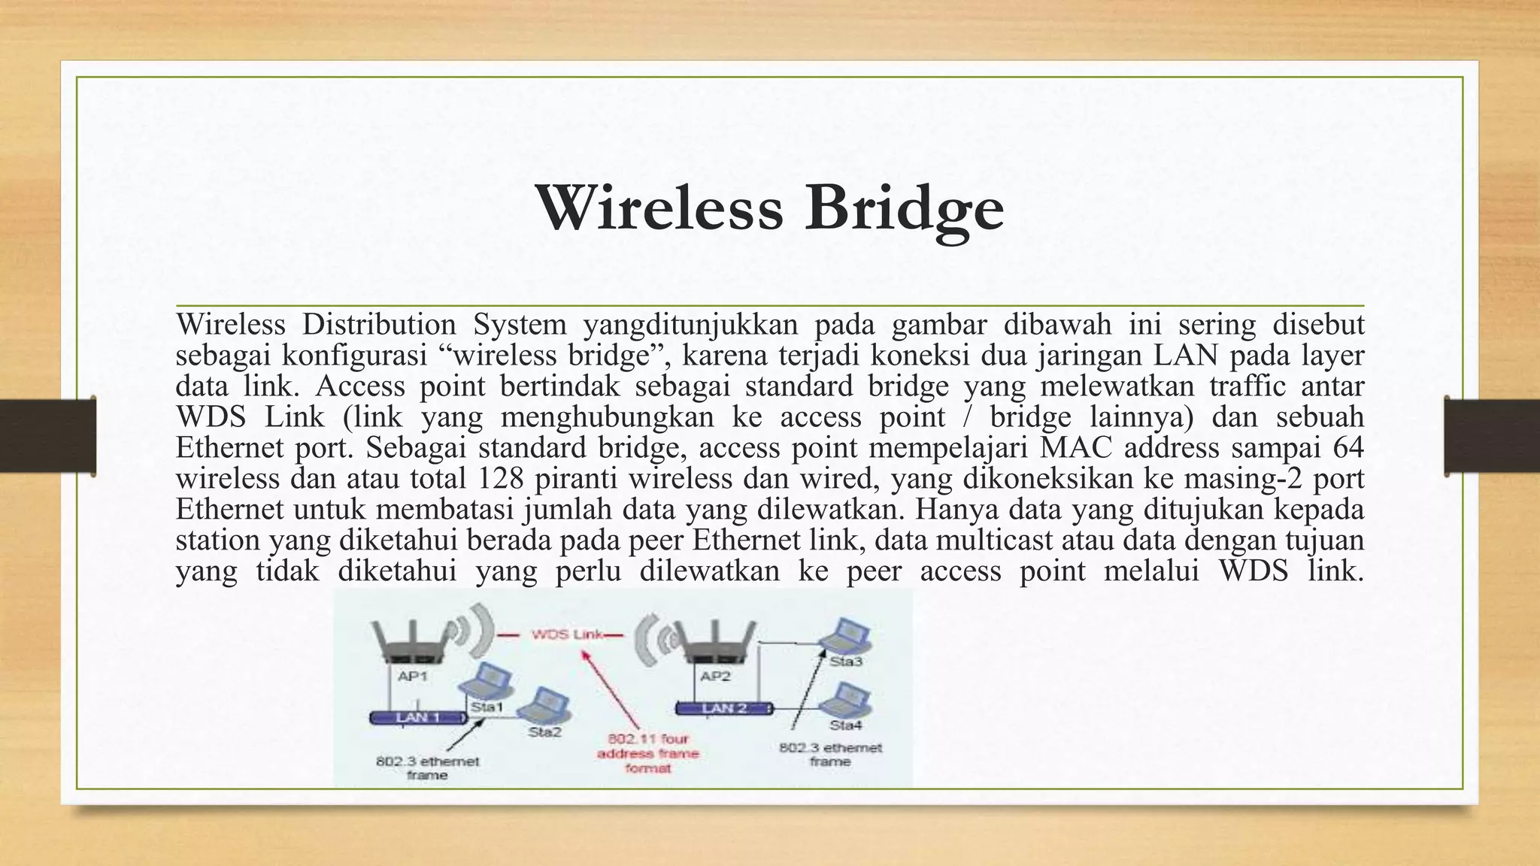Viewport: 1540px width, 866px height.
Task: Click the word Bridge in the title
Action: click(904, 209)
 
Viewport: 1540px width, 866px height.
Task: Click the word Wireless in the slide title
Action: click(659, 207)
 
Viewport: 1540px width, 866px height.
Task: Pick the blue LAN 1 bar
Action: click(416, 717)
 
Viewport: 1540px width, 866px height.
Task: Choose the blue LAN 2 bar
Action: click(723, 708)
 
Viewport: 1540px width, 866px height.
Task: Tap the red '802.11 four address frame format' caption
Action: click(648, 753)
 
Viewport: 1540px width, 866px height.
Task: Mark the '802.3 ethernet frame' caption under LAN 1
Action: click(427, 768)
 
